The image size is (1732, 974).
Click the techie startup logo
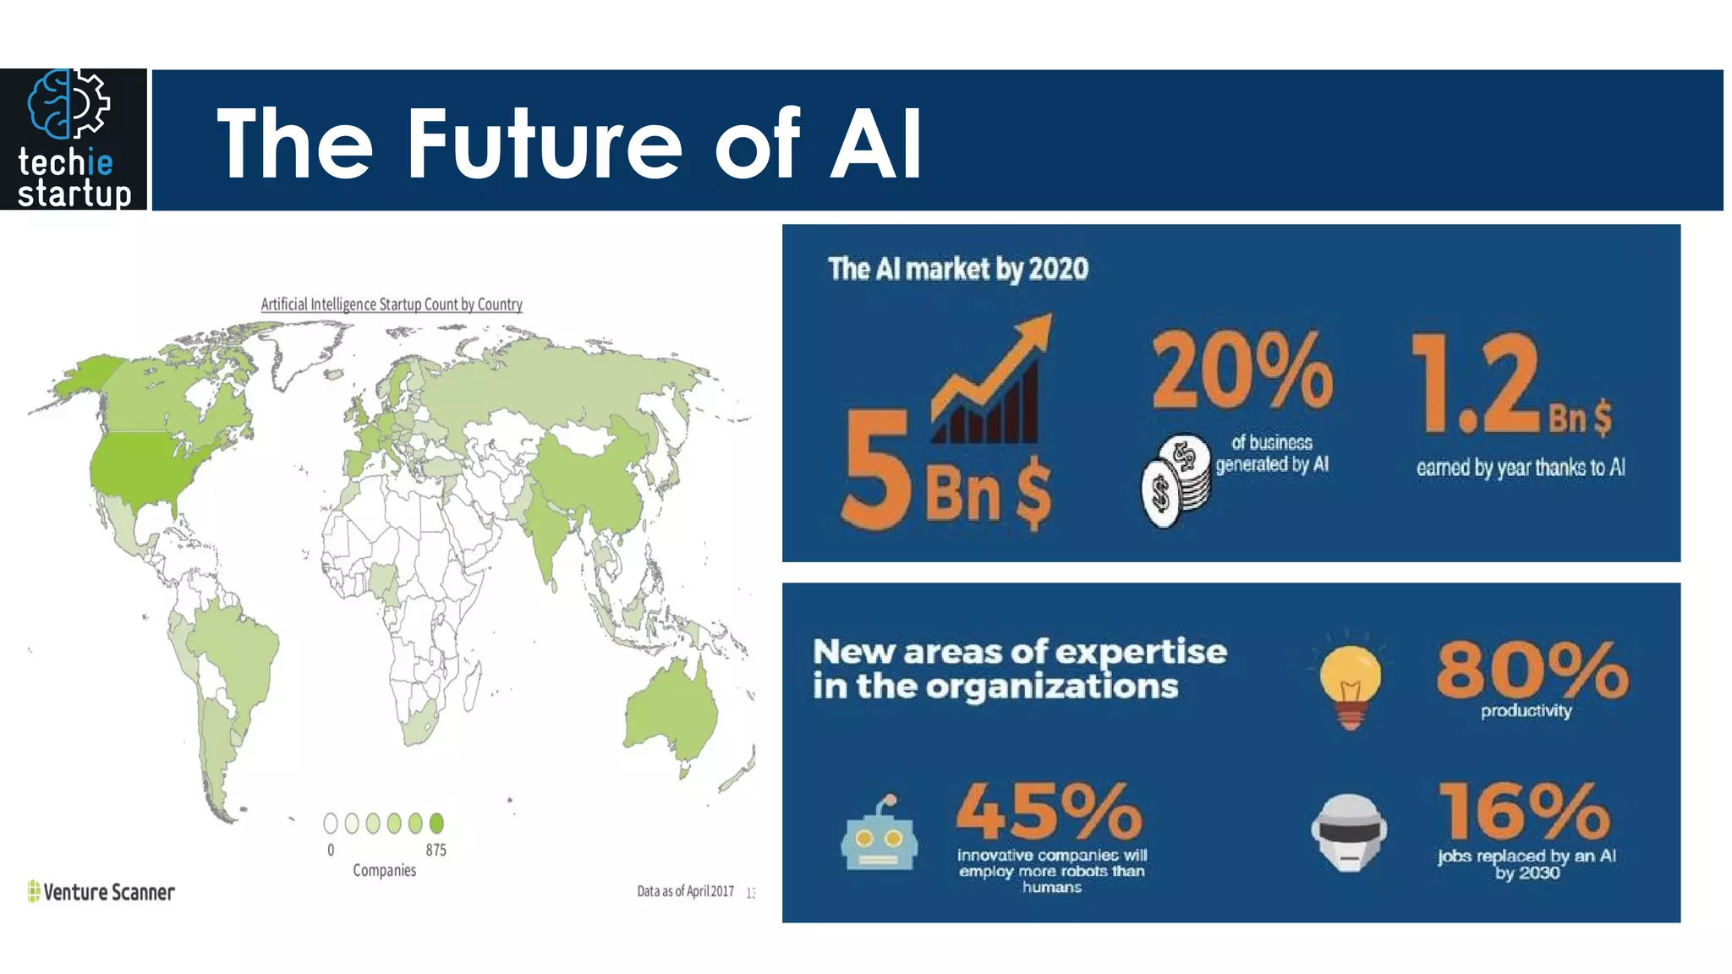pyautogui.click(x=74, y=140)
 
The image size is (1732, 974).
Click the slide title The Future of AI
pyautogui.click(x=568, y=144)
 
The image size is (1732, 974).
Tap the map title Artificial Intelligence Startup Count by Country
pyautogui.click(x=392, y=304)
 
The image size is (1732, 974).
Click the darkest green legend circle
pyautogui.click(x=436, y=823)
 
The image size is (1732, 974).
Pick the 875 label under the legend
pyautogui.click(x=436, y=850)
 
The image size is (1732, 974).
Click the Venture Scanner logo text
pyautogui.click(x=108, y=892)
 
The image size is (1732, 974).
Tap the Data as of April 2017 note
pyautogui.click(x=685, y=891)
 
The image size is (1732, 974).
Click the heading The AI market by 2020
pyautogui.click(x=958, y=269)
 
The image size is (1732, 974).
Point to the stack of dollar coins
pyautogui.click(x=1176, y=482)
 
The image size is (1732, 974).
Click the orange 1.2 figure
pyautogui.click(x=1476, y=385)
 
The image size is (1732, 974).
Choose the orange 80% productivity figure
pyautogui.click(x=1532, y=670)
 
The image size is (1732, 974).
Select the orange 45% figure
pyautogui.click(x=1049, y=810)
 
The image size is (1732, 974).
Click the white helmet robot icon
pyautogui.click(x=1349, y=833)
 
